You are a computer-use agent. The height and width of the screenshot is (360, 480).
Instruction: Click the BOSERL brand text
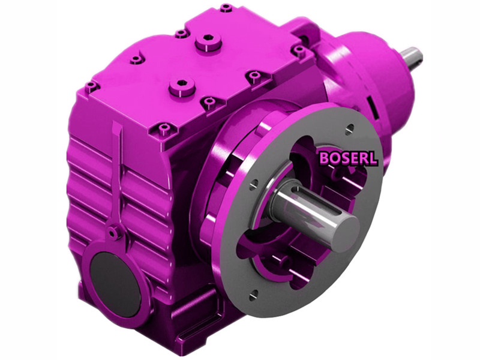click(x=348, y=158)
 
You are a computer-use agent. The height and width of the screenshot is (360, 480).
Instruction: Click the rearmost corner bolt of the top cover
click(x=226, y=8)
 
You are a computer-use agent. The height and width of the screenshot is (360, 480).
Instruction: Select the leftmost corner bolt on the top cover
click(x=91, y=86)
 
